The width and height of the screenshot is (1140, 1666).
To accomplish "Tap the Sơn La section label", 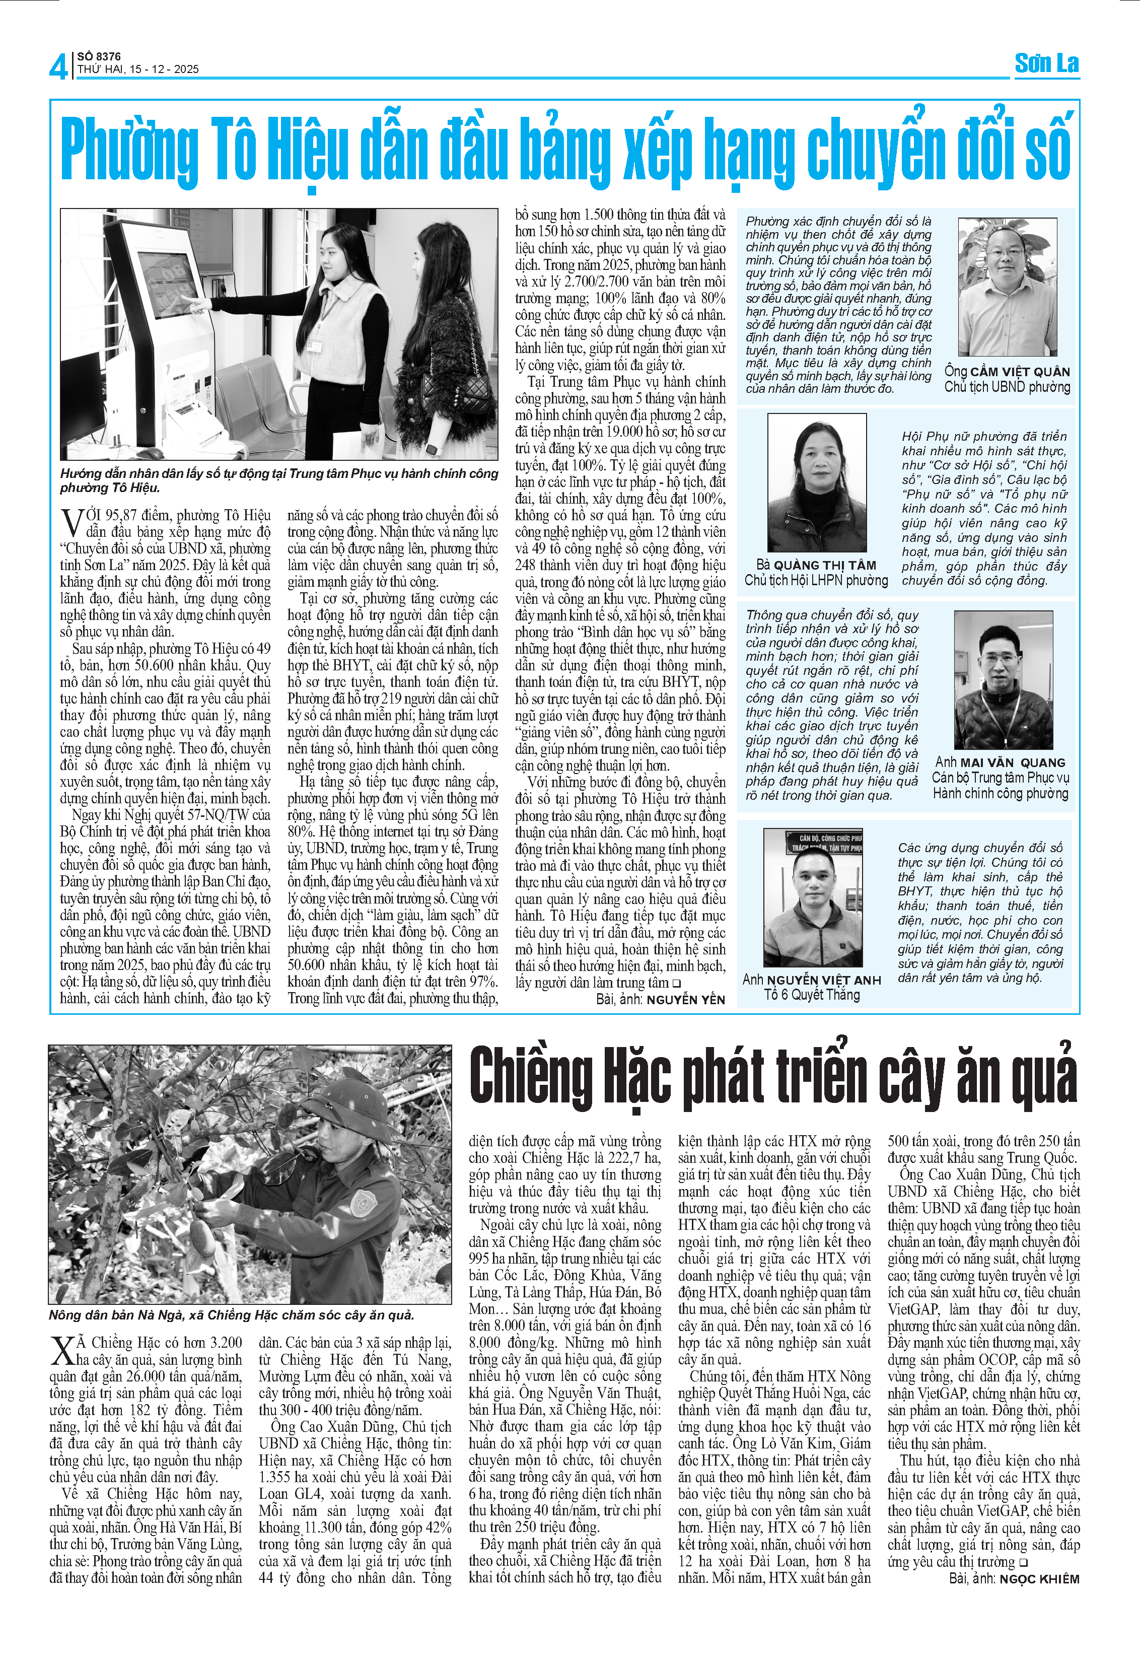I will click(1046, 64).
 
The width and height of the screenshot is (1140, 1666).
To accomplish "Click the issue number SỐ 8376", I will click(99, 56).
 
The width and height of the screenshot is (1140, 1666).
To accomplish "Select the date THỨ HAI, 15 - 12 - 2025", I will click(137, 70).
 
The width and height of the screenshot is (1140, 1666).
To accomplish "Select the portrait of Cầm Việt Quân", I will click(1007, 287).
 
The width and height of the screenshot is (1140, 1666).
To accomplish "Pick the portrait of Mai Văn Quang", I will click(1003, 679).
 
